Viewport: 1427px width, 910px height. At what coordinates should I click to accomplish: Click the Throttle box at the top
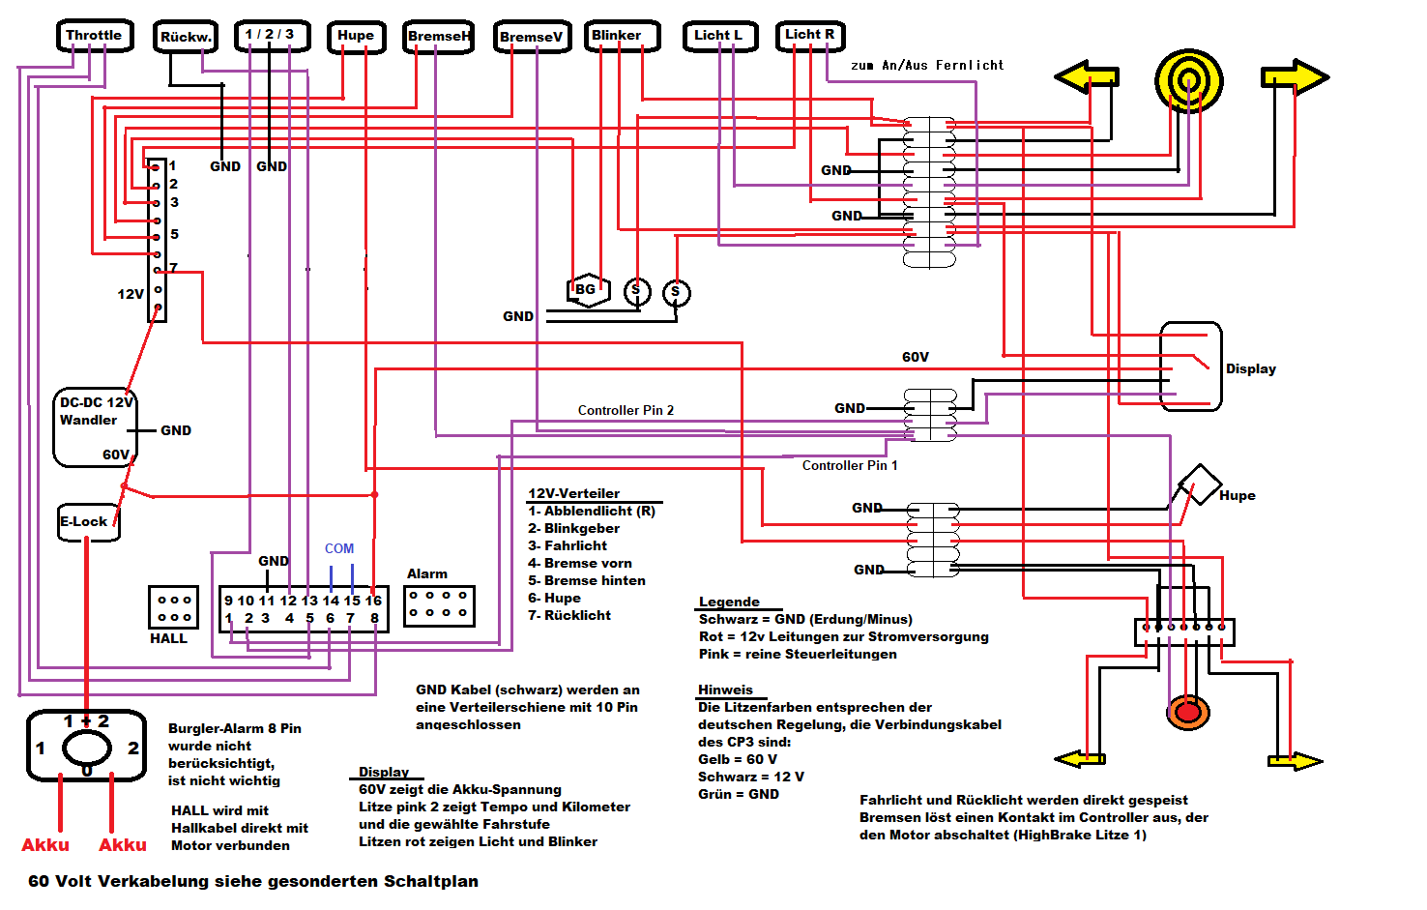coord(94,36)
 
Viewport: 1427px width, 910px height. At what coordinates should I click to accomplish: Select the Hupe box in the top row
coord(356,36)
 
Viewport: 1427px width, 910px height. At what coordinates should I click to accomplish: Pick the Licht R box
coord(810,35)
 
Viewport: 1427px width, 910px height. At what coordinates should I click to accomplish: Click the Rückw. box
coord(186,37)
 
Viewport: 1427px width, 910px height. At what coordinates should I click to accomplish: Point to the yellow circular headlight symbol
coord(1188,81)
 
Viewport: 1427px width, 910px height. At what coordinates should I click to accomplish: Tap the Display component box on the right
coord(1190,367)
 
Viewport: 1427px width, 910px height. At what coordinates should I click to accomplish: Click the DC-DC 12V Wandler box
coord(95,426)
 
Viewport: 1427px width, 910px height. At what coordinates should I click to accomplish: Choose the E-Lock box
coord(87,522)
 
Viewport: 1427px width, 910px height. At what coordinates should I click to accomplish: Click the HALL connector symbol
coord(173,607)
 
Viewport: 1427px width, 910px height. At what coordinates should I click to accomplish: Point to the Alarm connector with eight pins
coord(439,604)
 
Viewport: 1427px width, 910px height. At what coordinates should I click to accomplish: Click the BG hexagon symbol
coord(588,289)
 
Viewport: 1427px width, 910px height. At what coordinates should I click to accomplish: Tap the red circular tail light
coord(1188,713)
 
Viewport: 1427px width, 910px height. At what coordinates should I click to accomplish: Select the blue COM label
coord(339,548)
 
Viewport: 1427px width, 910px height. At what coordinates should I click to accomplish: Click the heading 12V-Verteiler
coord(573,493)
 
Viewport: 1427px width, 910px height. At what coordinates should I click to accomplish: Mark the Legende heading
coord(729,602)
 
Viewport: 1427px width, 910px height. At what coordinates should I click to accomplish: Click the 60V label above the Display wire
coord(916,357)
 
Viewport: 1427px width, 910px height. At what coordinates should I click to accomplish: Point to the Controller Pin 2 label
coord(626,410)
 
